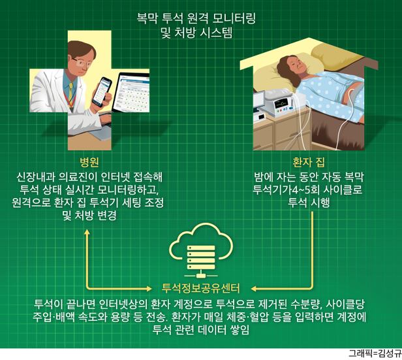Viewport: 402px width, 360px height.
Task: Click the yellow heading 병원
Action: pos(89,161)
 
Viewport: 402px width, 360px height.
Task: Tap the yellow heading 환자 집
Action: pos(309,161)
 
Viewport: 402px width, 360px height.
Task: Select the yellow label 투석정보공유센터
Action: pos(201,288)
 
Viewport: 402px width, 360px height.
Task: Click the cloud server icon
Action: pos(201,250)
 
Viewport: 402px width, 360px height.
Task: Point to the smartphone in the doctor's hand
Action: pos(102,92)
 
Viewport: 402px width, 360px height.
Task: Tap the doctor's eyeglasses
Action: pos(82,62)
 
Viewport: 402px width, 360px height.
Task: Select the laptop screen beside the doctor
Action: pos(132,93)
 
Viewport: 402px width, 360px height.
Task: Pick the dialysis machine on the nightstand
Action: pos(281,105)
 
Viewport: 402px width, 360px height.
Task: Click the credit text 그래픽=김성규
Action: pos(375,354)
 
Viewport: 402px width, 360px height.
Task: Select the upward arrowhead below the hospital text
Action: pos(87,232)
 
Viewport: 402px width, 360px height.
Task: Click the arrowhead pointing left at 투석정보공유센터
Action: pos(254,289)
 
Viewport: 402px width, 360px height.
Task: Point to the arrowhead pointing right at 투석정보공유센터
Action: pos(149,289)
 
